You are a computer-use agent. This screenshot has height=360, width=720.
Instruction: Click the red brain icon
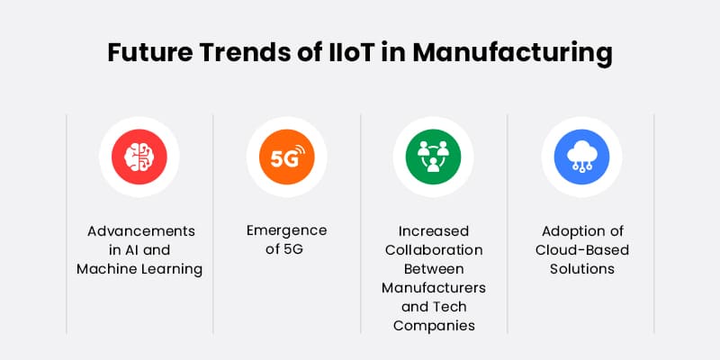click(139, 157)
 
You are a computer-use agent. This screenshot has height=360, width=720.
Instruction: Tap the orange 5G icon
click(287, 157)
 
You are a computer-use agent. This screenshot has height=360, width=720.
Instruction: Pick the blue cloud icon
click(580, 157)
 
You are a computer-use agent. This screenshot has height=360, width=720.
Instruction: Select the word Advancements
click(139, 230)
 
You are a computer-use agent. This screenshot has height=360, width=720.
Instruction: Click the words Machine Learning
click(139, 268)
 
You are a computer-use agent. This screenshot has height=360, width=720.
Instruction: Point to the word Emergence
click(287, 230)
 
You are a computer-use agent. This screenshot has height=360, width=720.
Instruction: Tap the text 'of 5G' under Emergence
click(287, 249)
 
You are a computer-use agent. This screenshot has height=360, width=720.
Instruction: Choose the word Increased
click(434, 230)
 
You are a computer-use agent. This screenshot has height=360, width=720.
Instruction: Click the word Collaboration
click(434, 249)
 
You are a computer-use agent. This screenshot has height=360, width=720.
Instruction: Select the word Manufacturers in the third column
click(434, 287)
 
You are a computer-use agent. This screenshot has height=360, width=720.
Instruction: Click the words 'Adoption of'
click(580, 230)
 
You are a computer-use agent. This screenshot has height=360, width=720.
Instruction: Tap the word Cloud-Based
click(580, 249)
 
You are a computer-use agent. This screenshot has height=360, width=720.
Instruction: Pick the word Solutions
click(580, 268)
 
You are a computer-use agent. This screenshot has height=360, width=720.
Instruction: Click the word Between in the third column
click(434, 268)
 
